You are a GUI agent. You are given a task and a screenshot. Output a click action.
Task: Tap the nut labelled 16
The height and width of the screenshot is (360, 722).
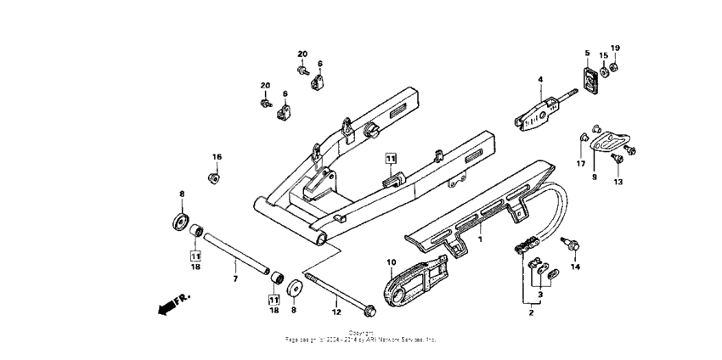(213, 177)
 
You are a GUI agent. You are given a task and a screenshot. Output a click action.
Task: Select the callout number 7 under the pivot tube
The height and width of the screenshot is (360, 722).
(234, 278)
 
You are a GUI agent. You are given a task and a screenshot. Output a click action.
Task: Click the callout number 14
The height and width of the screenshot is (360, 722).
(575, 267)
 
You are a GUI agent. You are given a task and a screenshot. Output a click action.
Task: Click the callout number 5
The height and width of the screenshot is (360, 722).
(586, 53)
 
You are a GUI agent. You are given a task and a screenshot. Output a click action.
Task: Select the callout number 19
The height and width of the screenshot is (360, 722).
(616, 48)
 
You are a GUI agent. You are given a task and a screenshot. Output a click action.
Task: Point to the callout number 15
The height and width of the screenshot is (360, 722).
(604, 55)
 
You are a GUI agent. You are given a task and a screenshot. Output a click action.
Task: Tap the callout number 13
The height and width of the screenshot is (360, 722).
(618, 182)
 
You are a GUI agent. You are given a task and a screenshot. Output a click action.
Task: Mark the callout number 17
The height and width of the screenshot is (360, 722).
(581, 164)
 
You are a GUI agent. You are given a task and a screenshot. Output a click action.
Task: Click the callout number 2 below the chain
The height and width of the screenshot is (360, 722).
(532, 313)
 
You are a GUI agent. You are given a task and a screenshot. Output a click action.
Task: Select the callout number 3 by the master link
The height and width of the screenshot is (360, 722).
(540, 293)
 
